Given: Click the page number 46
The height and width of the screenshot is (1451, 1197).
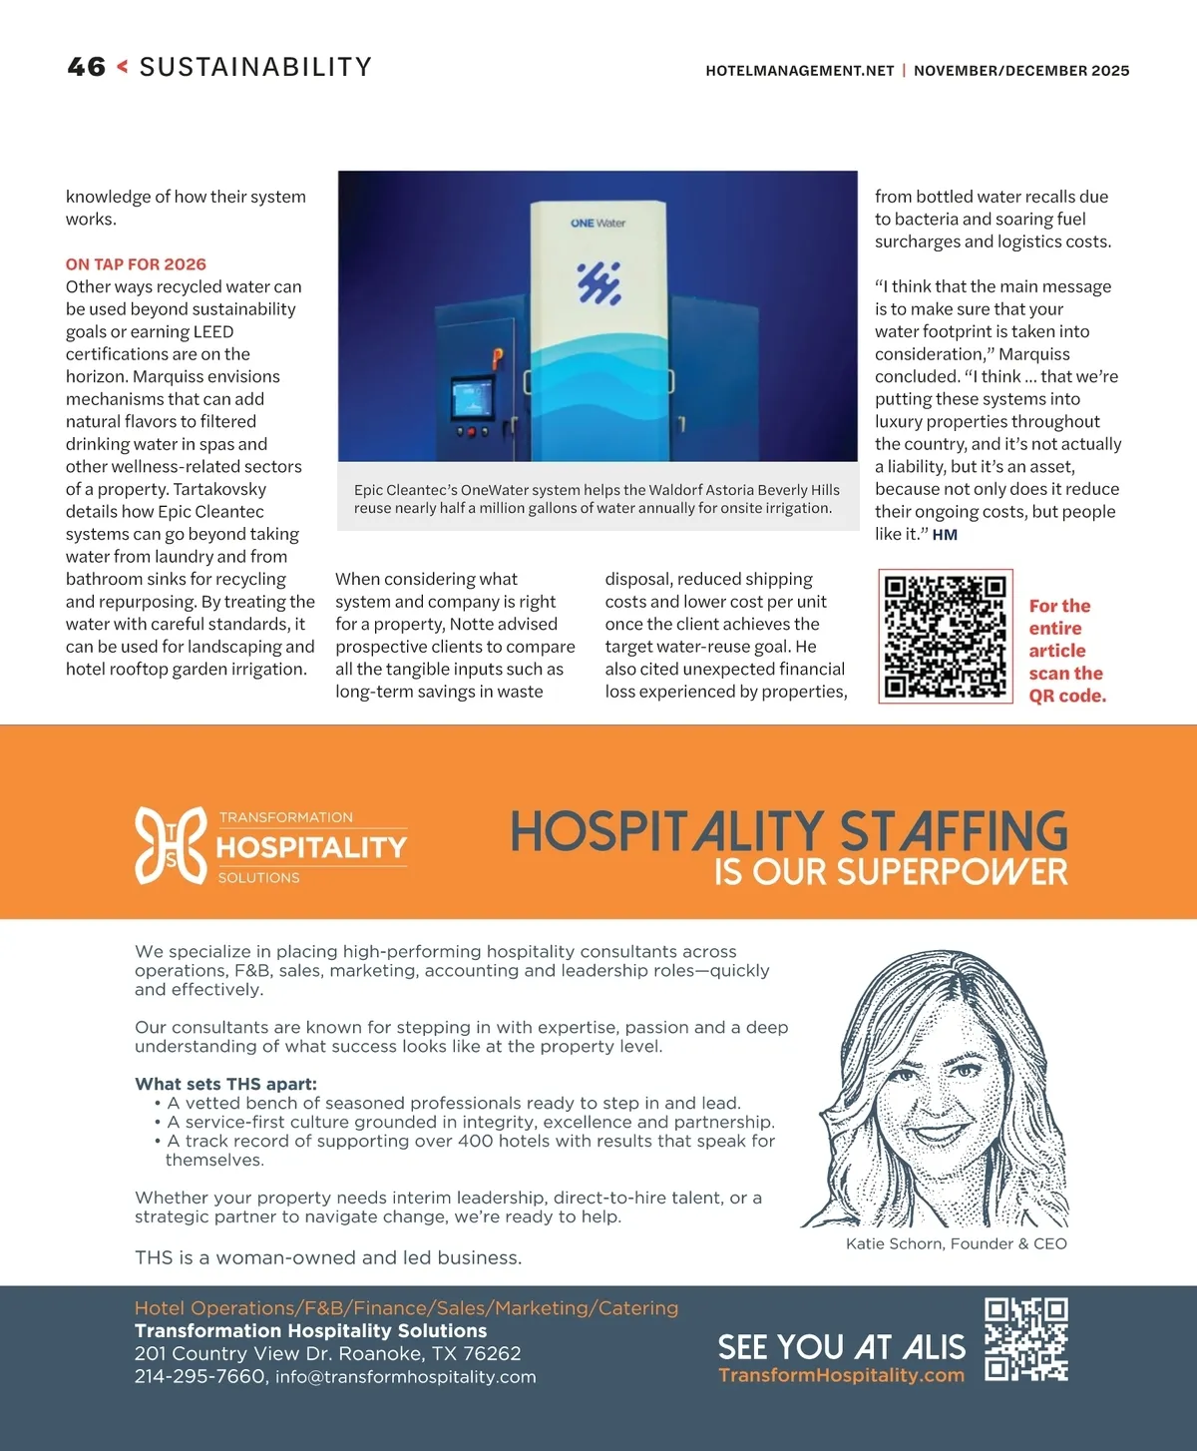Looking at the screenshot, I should (86, 67).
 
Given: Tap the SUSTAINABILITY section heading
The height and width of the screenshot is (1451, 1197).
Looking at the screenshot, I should (255, 67).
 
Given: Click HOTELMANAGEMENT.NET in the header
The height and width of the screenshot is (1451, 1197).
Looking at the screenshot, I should (799, 71).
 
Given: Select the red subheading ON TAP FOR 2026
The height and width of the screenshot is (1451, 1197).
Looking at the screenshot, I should (136, 264).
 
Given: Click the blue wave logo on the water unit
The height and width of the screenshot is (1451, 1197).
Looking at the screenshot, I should (598, 283).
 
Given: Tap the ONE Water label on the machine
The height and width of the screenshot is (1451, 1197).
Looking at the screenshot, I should (598, 224).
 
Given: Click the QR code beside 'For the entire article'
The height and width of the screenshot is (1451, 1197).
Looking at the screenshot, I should (945, 637).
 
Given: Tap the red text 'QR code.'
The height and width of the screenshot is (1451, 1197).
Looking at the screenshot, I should (1067, 696).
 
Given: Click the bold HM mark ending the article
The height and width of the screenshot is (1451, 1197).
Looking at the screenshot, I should (945, 535).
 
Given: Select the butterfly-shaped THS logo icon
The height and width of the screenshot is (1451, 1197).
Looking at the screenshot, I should (171, 845).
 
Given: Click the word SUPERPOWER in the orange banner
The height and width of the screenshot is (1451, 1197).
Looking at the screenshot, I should (952, 872).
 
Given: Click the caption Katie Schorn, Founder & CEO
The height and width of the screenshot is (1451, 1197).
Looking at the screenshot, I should (956, 1243).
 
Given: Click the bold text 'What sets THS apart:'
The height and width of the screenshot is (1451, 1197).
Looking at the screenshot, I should (225, 1084).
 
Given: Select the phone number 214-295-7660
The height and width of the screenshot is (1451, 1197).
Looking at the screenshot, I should (199, 1376).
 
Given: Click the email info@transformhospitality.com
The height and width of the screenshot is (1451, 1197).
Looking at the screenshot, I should (405, 1377).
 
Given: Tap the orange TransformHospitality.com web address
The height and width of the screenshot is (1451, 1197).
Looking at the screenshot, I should (841, 1375).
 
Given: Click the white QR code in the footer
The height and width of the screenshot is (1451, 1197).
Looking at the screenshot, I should (1025, 1339).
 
